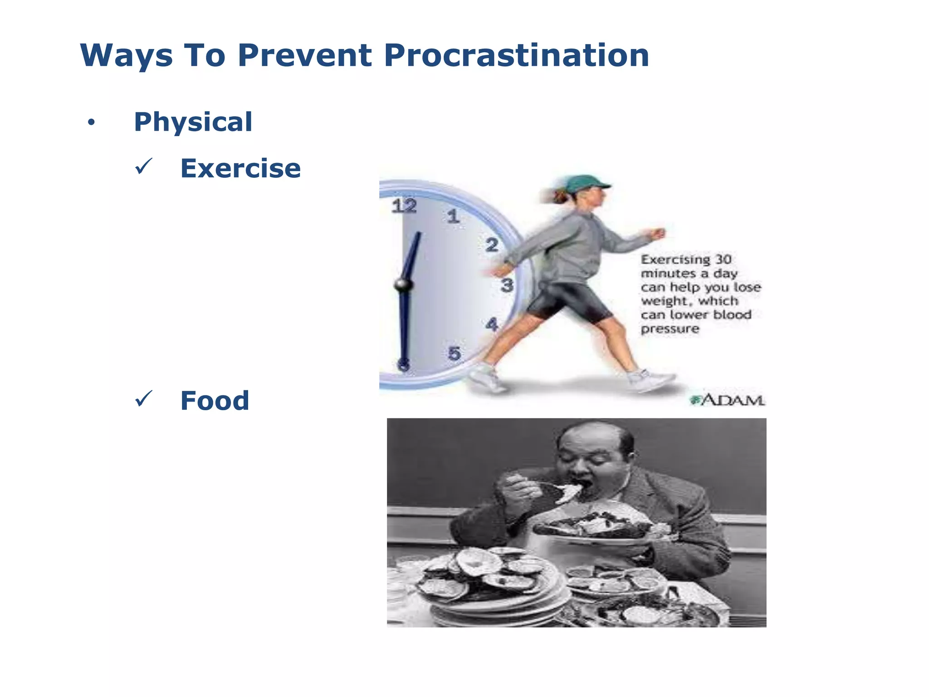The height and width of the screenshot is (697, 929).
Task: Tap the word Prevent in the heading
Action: (x=305, y=56)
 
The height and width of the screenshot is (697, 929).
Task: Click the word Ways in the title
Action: (x=127, y=56)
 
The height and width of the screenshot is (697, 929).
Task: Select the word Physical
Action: (x=193, y=122)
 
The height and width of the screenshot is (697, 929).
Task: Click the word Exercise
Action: (x=240, y=168)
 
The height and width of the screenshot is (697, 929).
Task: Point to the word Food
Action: (x=215, y=401)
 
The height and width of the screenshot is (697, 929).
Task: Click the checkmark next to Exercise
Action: (x=144, y=167)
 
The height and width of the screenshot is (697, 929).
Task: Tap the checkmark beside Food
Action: (x=144, y=399)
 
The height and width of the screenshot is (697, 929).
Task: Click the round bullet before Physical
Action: (x=92, y=123)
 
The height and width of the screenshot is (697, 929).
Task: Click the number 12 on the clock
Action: (x=404, y=206)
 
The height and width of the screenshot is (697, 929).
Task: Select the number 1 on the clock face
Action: (x=453, y=216)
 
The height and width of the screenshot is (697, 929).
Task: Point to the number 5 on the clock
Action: (x=454, y=353)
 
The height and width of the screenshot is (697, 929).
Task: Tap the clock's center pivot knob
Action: (x=403, y=285)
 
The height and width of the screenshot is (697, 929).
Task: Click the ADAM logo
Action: (x=728, y=400)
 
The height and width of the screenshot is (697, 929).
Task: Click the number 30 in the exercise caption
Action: (x=724, y=260)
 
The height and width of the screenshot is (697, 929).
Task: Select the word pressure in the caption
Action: (x=670, y=329)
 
